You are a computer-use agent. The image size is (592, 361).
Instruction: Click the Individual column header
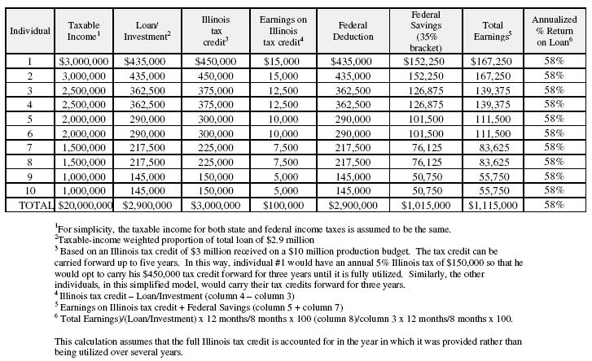29,31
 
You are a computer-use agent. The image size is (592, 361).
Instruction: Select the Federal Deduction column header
353,31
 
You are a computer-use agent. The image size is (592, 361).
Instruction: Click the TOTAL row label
29,206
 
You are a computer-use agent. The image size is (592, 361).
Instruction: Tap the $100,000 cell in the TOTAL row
283,206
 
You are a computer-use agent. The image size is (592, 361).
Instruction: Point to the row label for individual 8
29,162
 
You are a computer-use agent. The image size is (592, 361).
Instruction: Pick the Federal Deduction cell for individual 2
353,76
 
